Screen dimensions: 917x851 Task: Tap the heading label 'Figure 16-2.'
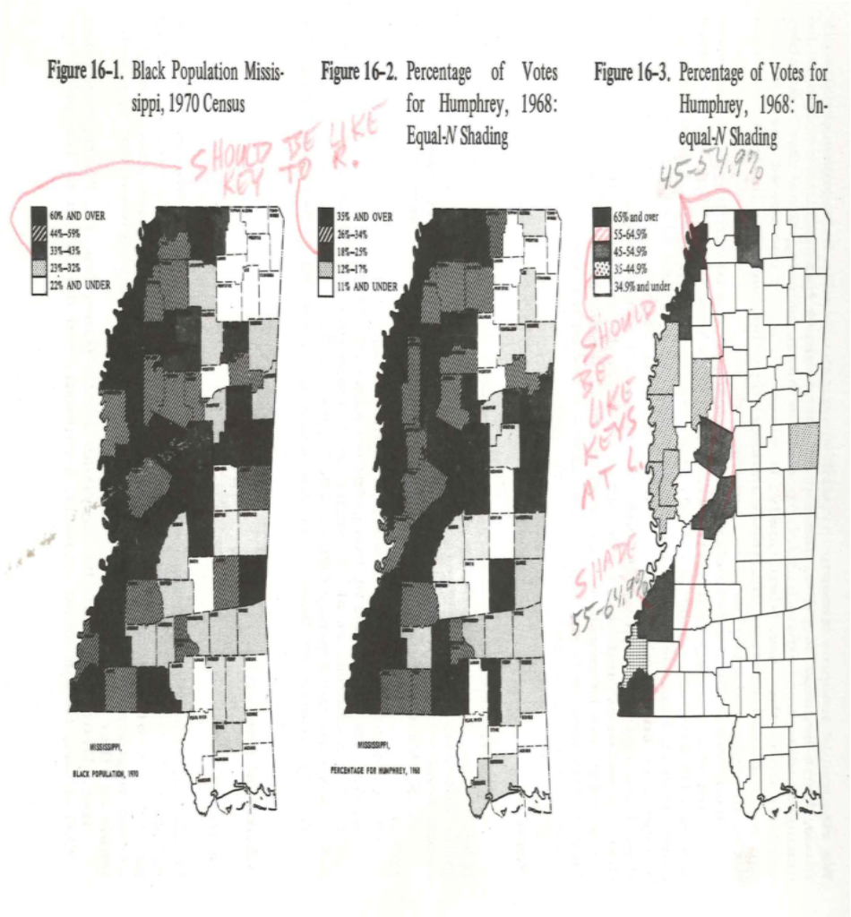pyautogui.click(x=357, y=73)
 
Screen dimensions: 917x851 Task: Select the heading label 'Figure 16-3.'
pyautogui.click(x=632, y=73)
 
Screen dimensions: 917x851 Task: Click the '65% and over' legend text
pyautogui.click(x=636, y=216)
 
